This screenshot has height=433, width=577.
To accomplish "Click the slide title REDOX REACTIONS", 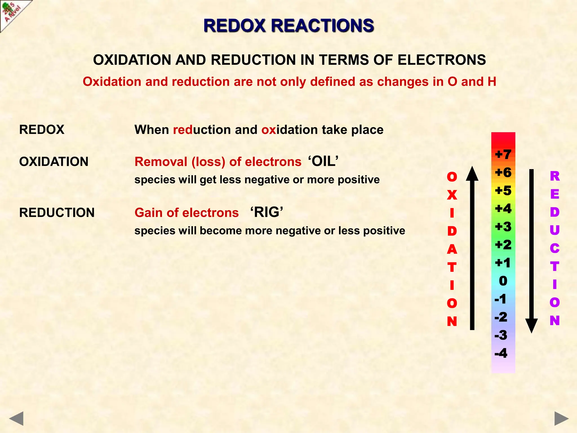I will (x=288, y=26).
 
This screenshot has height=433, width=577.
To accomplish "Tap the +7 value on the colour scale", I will (x=503, y=154).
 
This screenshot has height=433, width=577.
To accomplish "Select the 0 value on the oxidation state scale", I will (x=503, y=281).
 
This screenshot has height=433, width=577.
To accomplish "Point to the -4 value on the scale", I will (x=501, y=353).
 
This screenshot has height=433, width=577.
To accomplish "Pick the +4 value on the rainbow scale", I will (x=503, y=209).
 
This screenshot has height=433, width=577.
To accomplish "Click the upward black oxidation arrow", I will (x=472, y=248).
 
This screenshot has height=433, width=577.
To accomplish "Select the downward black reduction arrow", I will (x=532, y=251).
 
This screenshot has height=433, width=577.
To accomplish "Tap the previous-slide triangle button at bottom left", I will (x=16, y=418).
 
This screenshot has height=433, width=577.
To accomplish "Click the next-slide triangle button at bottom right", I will (x=561, y=418).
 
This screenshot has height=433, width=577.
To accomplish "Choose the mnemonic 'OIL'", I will (x=323, y=162).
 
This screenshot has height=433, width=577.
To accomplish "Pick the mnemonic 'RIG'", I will (x=267, y=212).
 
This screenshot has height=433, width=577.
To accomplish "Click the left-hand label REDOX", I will (x=42, y=130).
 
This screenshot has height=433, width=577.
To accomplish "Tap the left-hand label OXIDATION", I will (x=54, y=162).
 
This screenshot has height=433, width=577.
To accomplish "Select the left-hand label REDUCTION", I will (x=57, y=213).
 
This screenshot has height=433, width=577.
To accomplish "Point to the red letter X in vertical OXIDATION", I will (x=452, y=195).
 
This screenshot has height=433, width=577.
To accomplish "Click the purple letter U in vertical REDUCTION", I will (x=554, y=230).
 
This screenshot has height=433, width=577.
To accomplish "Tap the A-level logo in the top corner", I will (x=13, y=13).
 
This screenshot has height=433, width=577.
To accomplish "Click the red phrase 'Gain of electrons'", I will (x=187, y=213).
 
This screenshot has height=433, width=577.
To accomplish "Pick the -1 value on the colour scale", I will (x=500, y=299).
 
